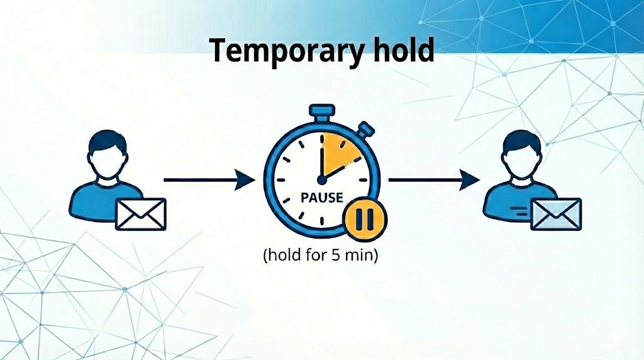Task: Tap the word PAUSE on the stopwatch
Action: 321,198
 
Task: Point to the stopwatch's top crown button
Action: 321,113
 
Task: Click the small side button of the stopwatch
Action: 364,130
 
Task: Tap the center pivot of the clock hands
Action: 321,179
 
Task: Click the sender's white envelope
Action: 141,214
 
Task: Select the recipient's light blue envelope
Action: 556,214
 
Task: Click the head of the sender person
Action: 108,154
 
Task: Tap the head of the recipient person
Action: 521,154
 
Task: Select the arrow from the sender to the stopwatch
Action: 209,180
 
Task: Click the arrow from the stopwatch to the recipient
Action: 434,180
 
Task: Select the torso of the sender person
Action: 106,201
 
